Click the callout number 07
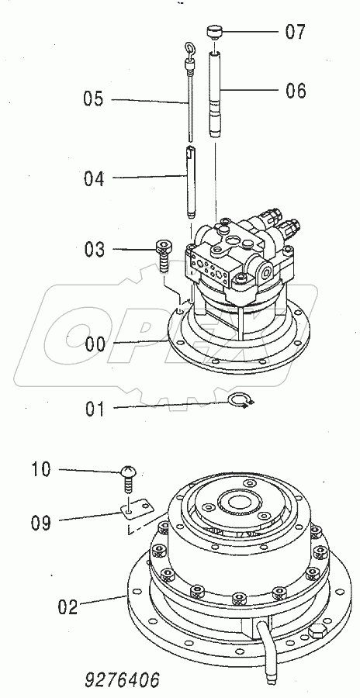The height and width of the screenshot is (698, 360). tap(295, 32)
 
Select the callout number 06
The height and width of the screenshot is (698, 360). tap(296, 91)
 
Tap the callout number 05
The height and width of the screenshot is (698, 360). tap(94, 99)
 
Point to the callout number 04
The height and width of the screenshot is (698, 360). tap(94, 178)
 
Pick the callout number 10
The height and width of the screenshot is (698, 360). tap(41, 469)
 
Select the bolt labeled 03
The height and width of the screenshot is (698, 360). tap(164, 254)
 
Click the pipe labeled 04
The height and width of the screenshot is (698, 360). tap(191, 182)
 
